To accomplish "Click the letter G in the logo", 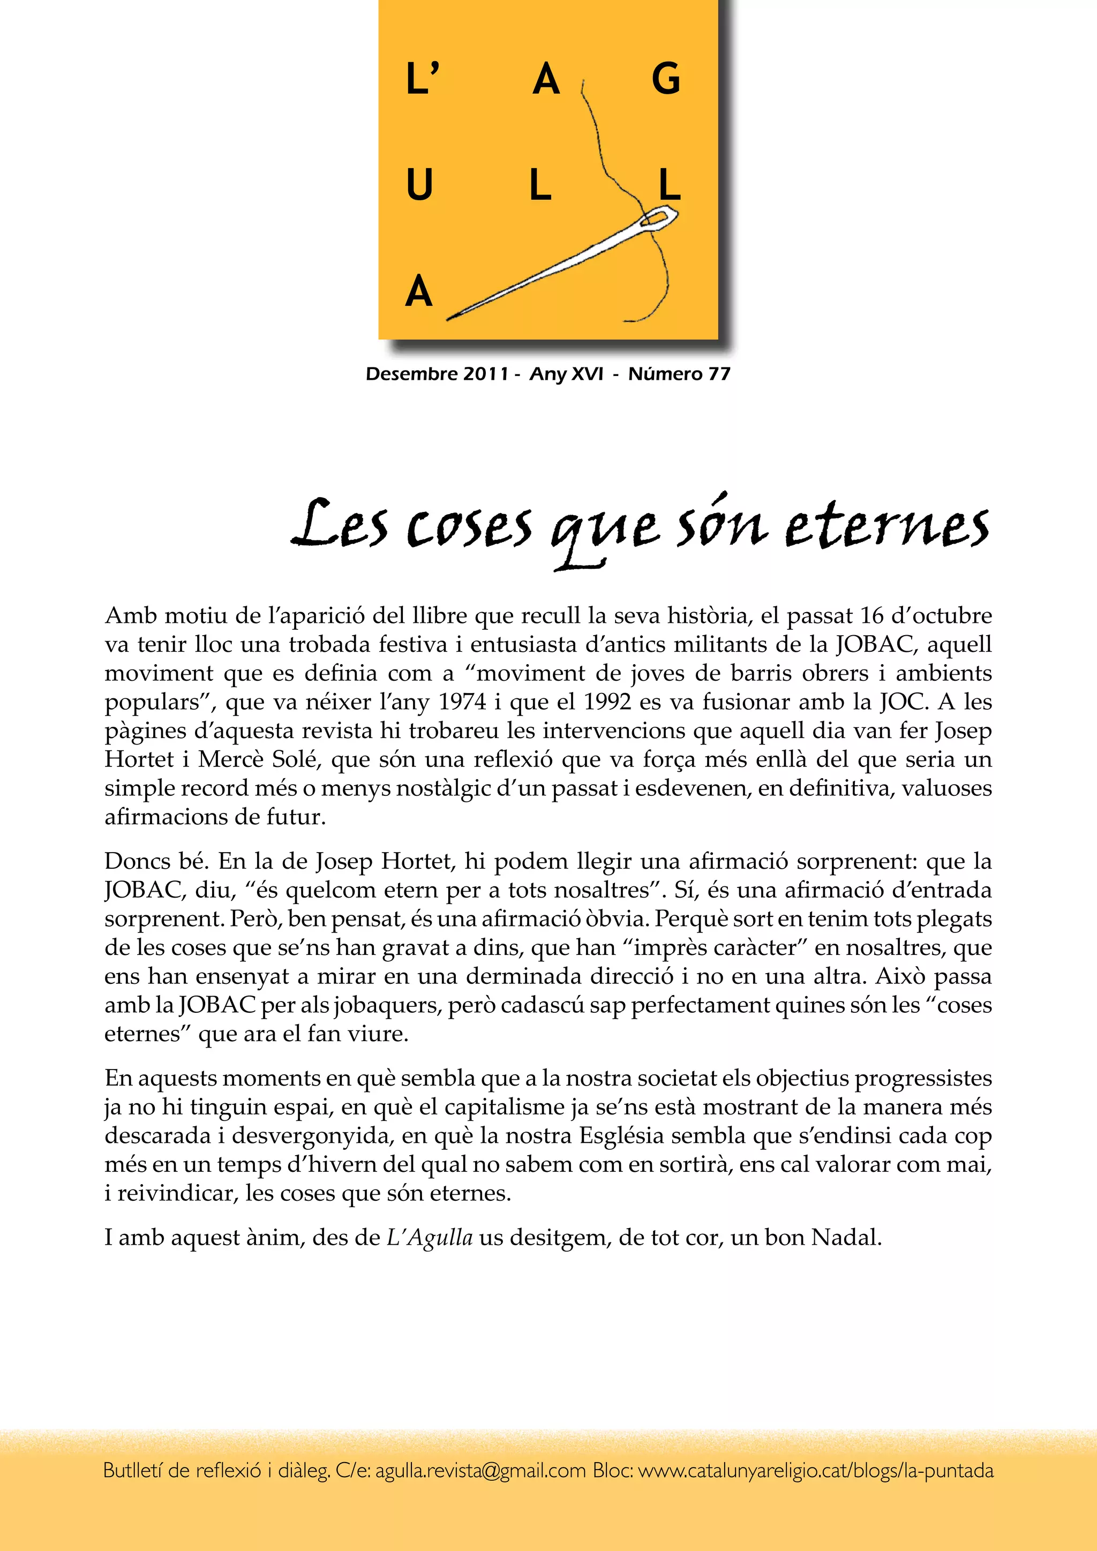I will (665, 79).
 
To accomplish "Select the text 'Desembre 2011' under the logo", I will (437, 374).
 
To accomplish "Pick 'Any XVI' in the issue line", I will (566, 374).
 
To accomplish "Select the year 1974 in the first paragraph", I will (463, 703).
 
